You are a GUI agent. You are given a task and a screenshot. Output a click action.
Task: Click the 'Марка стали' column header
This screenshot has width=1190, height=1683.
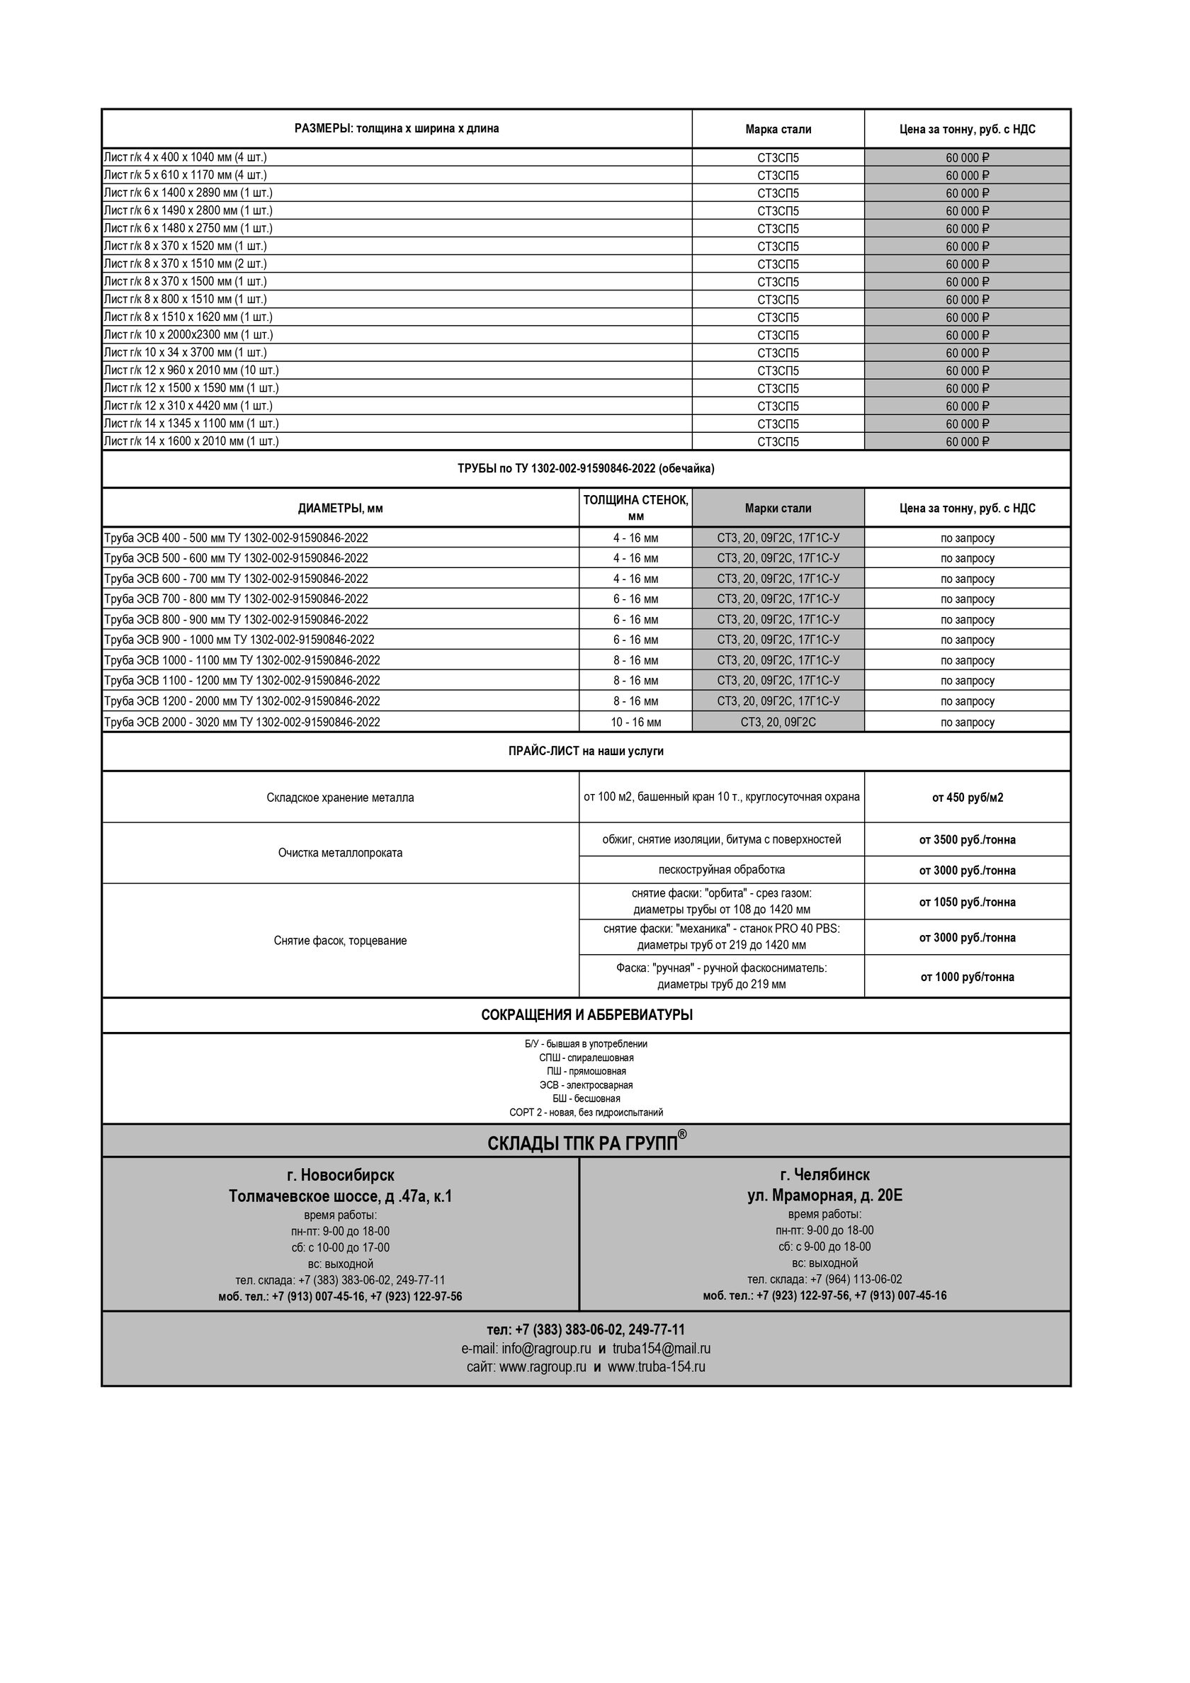[x=778, y=129]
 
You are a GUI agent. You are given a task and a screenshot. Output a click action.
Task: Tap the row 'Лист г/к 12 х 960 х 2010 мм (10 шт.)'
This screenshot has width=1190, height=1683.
[x=191, y=370]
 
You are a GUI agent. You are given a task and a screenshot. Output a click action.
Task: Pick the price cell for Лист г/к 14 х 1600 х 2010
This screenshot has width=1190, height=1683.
[x=967, y=441]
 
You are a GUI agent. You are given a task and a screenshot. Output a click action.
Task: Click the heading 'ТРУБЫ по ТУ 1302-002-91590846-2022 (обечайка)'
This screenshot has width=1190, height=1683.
[x=586, y=468]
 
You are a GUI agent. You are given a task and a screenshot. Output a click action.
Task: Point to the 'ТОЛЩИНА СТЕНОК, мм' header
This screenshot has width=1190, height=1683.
[x=635, y=507]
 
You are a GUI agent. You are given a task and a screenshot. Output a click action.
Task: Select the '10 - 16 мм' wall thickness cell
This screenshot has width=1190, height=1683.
[x=635, y=722]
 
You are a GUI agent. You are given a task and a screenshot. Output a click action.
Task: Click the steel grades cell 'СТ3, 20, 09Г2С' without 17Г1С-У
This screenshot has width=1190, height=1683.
[x=778, y=722]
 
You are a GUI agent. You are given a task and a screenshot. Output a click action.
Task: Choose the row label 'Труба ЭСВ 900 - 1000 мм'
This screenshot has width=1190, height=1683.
[x=239, y=639]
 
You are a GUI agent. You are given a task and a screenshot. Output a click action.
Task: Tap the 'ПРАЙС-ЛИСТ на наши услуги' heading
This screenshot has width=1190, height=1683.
[x=586, y=752]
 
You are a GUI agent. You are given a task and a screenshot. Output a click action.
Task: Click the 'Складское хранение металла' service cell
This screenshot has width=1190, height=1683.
[x=340, y=798]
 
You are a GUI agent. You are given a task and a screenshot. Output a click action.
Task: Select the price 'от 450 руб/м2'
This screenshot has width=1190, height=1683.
[x=967, y=798]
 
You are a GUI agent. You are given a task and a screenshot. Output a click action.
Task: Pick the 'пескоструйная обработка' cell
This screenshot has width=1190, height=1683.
[x=722, y=869]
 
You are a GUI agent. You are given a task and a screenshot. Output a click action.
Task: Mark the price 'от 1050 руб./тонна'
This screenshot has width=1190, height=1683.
[x=967, y=902]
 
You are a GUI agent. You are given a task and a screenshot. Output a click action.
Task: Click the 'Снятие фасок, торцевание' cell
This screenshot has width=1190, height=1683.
[x=340, y=941]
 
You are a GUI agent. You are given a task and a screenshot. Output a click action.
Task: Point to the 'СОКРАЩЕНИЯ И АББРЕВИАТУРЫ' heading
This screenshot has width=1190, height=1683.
[x=586, y=1015]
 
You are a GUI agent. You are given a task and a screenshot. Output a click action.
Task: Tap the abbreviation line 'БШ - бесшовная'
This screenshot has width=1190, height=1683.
[x=586, y=1098]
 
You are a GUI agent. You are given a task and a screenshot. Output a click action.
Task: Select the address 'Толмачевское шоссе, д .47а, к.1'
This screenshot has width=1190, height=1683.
[x=340, y=1196]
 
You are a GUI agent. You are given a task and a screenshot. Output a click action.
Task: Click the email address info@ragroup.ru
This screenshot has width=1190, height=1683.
[x=546, y=1348]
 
